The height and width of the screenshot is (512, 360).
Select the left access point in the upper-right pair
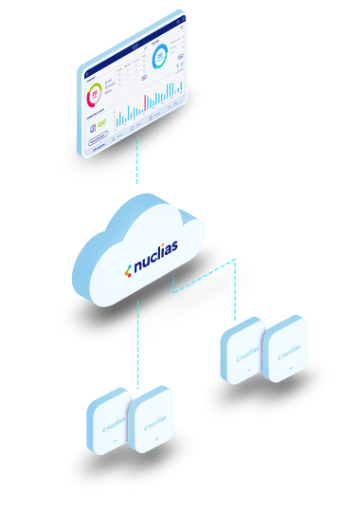pyautogui.click(x=243, y=354)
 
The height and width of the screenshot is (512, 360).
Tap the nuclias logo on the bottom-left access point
pyautogui.click(x=111, y=428)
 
